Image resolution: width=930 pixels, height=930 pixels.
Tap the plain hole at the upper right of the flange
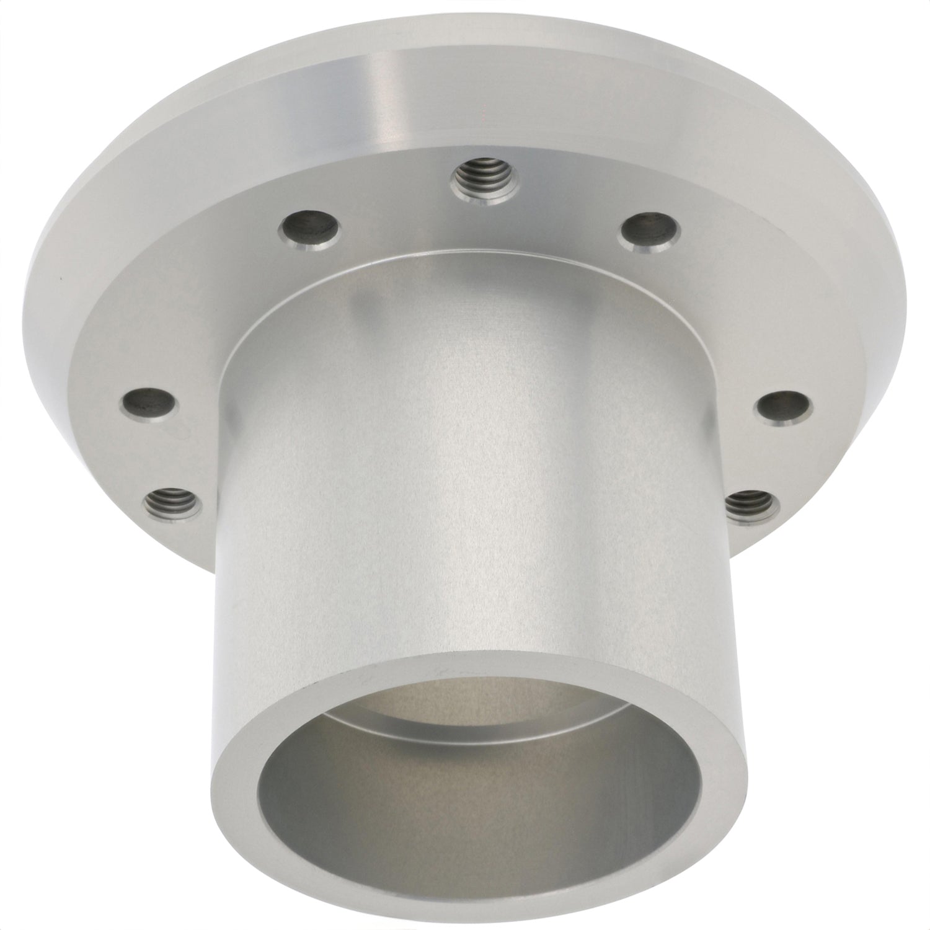649,229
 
